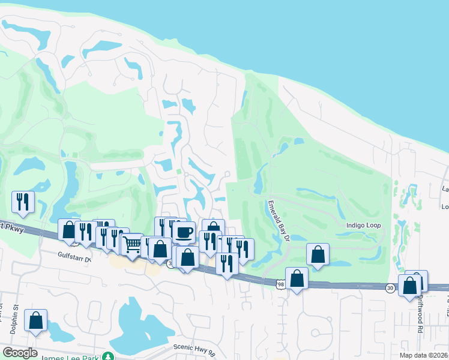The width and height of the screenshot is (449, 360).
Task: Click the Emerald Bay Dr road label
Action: (x=278, y=221)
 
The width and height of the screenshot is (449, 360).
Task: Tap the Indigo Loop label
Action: (x=363, y=226)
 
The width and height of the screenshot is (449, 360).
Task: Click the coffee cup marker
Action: (x=184, y=232)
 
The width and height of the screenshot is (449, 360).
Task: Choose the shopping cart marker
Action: (x=132, y=244)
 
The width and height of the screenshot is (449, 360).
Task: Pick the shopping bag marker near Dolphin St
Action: (x=36, y=320)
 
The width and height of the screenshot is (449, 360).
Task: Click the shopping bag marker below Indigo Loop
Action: (x=318, y=254)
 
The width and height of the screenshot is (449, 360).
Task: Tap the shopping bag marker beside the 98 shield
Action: (x=297, y=278)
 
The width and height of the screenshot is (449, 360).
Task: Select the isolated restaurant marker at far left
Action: (x=23, y=202)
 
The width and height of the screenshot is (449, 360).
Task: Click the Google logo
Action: (x=20, y=353)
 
